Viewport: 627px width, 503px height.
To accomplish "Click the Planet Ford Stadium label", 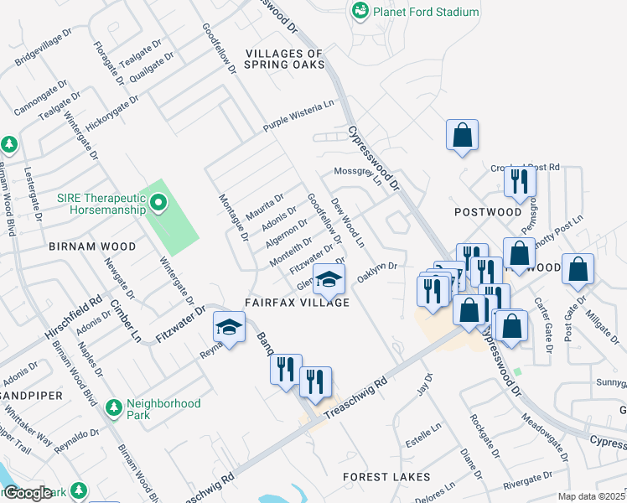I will point(427,12).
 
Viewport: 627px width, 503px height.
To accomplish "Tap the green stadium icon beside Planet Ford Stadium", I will point(360,11).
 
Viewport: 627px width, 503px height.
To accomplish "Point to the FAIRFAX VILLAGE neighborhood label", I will point(297,302).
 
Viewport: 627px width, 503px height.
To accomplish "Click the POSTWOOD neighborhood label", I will point(488,212).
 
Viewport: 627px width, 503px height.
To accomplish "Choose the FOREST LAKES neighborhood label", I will point(386,477).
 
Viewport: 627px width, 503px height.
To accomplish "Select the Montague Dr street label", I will point(232,216).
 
